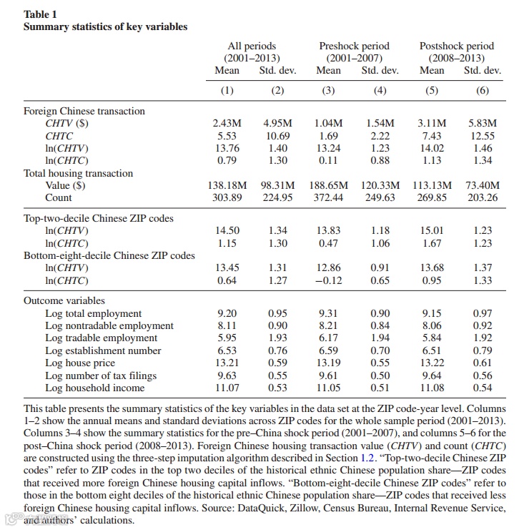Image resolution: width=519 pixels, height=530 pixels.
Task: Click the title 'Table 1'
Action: [x=41, y=14]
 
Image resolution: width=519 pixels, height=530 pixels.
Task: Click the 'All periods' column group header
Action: [x=251, y=46]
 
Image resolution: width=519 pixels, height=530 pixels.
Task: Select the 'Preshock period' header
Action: [x=354, y=46]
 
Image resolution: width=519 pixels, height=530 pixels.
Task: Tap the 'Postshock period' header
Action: [x=456, y=46]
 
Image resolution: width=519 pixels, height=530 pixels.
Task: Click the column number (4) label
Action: [x=380, y=90]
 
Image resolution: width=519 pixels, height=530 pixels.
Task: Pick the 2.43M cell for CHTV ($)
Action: [x=227, y=124]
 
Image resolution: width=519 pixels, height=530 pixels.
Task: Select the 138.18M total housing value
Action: [x=227, y=185]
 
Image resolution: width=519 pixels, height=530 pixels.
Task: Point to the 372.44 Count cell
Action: [x=328, y=197]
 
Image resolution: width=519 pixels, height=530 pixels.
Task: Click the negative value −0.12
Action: [x=328, y=280]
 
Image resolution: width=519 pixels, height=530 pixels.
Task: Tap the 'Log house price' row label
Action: [x=80, y=363]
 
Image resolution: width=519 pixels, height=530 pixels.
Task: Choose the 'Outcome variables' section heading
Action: [x=64, y=301]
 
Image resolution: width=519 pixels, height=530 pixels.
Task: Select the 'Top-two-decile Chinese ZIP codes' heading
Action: [x=99, y=218]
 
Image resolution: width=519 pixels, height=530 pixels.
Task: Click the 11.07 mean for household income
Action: [x=227, y=388]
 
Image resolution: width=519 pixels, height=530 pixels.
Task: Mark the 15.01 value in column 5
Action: [x=432, y=230]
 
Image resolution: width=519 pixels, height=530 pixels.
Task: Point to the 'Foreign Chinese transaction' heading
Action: [x=84, y=111]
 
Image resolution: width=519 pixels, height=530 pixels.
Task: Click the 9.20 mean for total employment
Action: [x=227, y=313]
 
